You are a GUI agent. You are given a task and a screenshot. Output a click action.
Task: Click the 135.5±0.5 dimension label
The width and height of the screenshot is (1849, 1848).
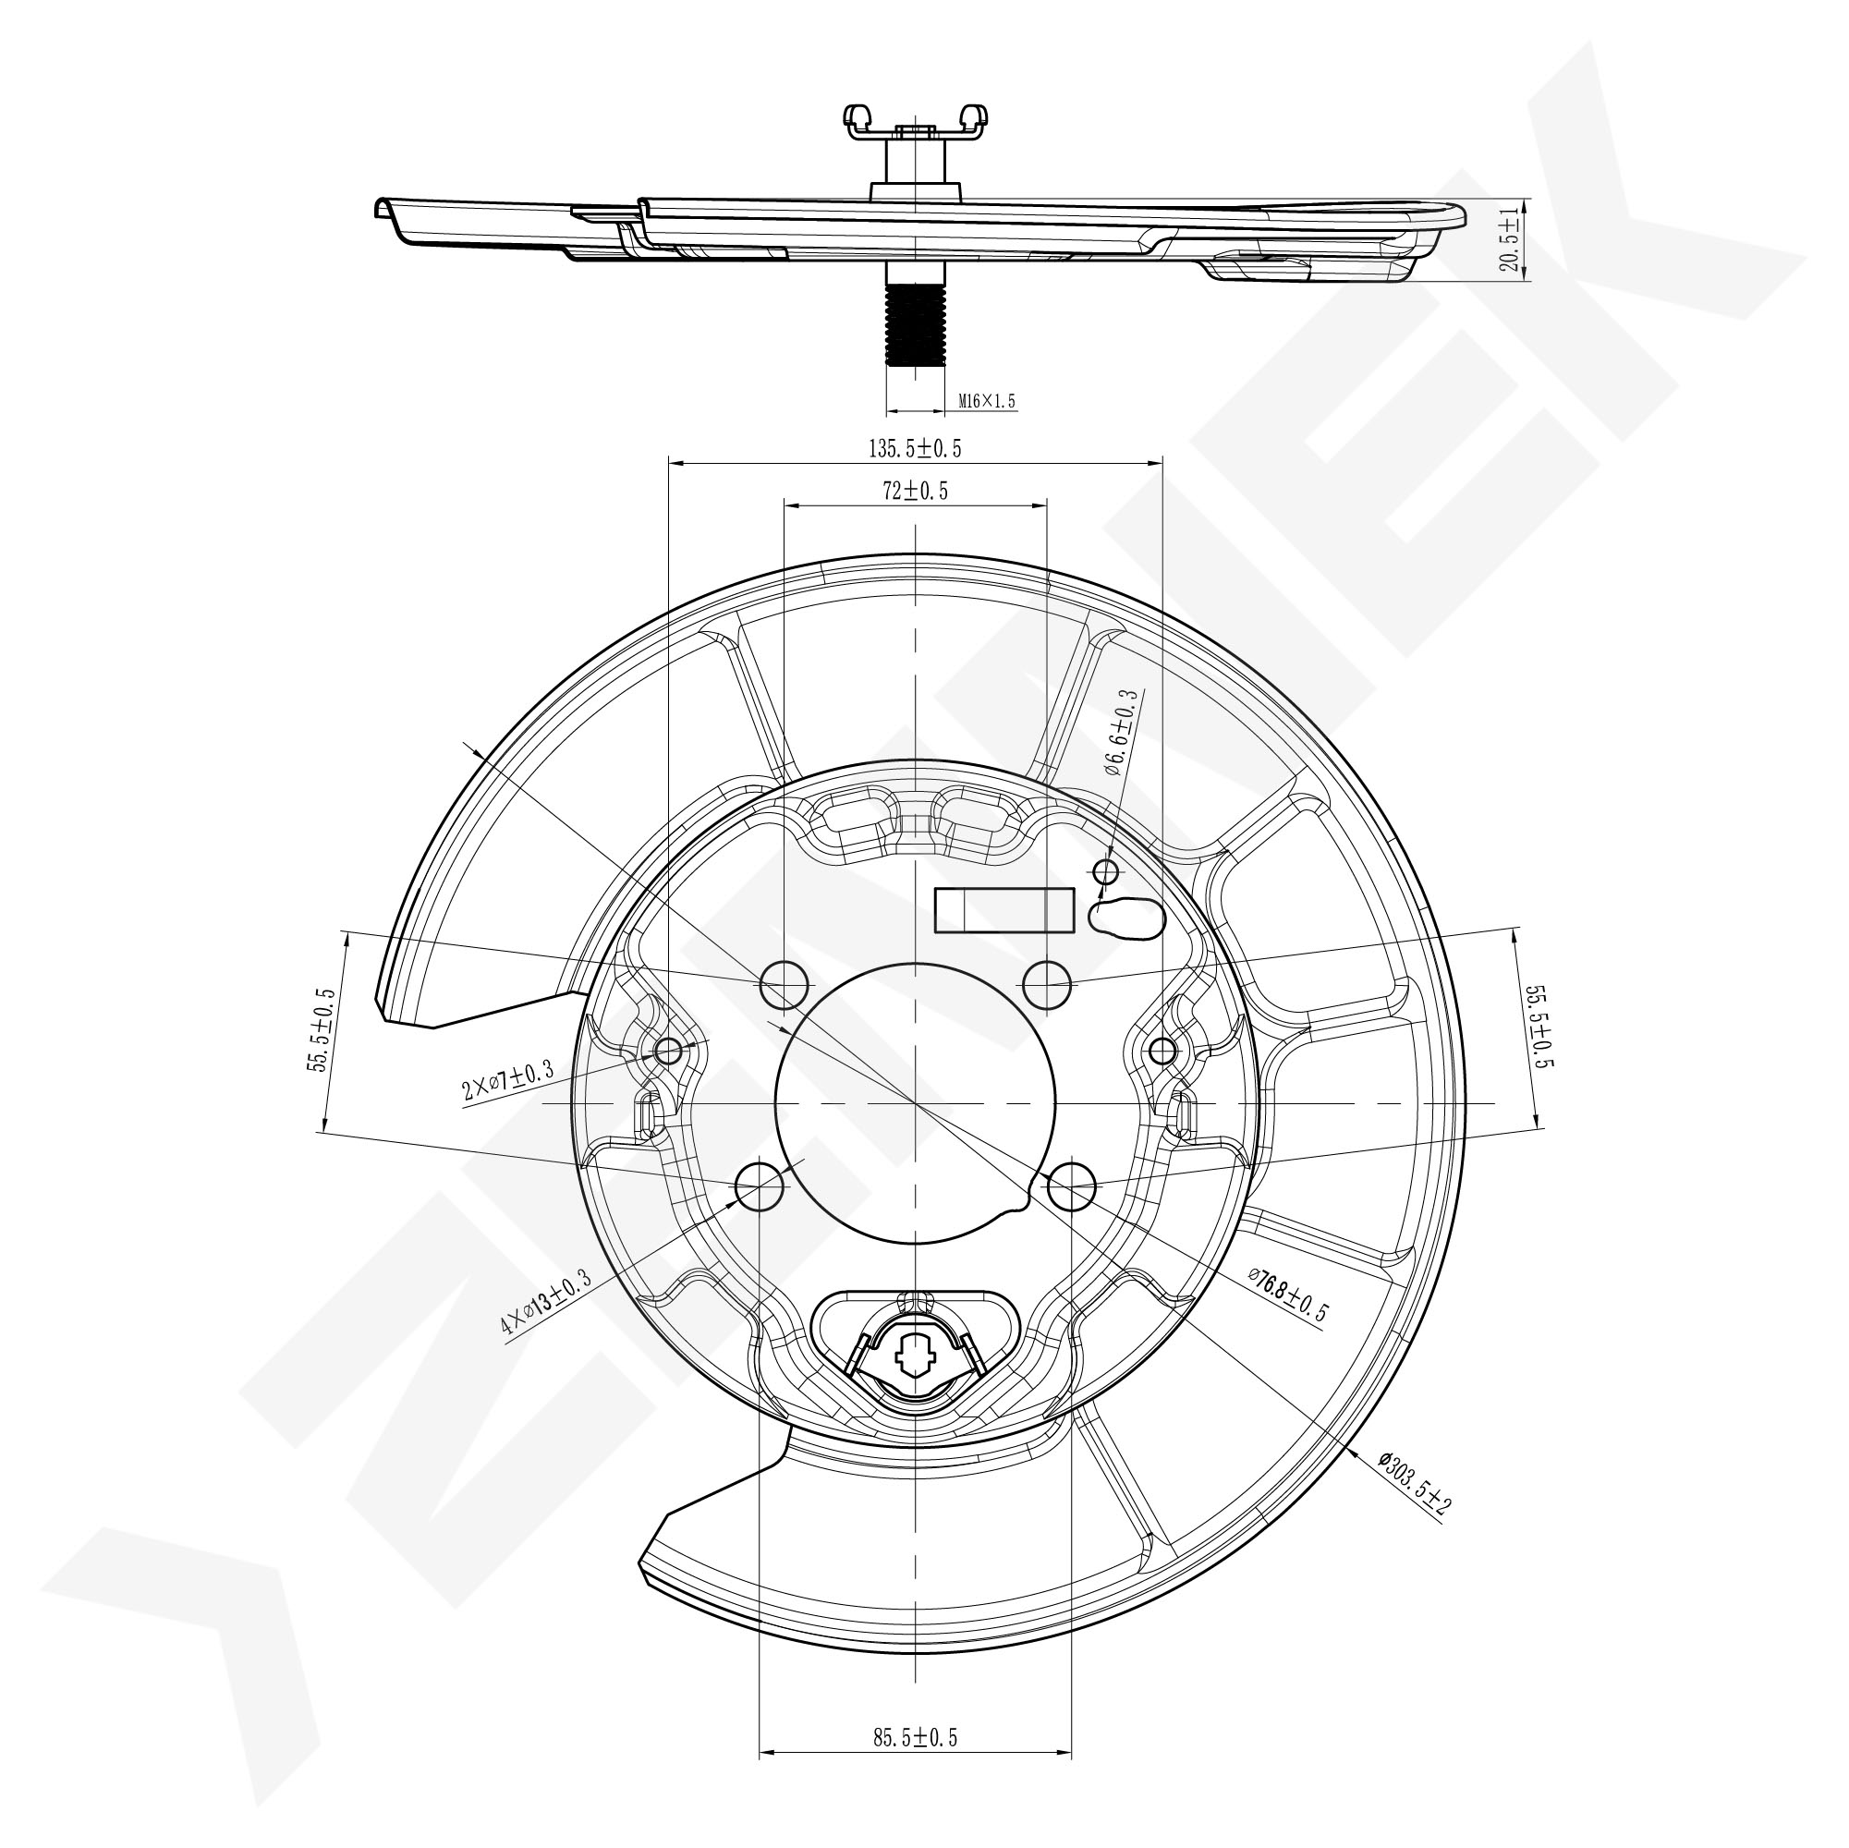click(914, 448)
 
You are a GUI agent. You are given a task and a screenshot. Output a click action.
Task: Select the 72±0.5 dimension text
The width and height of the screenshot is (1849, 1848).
click(915, 491)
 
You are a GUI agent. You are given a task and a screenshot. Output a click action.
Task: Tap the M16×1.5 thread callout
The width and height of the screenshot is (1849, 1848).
click(986, 402)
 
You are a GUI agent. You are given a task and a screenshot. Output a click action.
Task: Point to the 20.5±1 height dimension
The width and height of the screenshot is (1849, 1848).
click(1509, 239)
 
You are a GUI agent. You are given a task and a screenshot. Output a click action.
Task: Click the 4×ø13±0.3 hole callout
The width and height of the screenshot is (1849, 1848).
click(545, 1303)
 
